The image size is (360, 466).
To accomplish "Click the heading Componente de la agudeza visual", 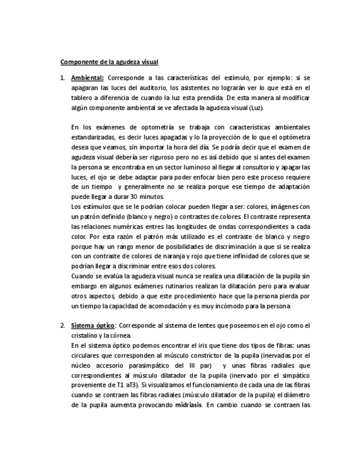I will pyautogui.click(x=109, y=62).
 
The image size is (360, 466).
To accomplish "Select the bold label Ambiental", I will pyautogui.click(x=87, y=78).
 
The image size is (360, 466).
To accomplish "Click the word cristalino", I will pyautogui.click(x=86, y=335).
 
